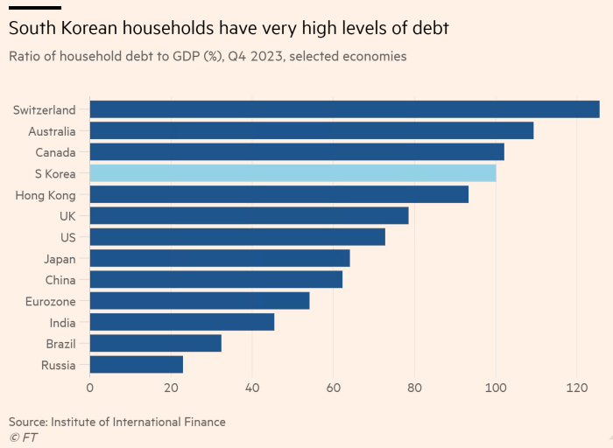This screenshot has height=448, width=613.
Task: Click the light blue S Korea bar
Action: pos(292,173)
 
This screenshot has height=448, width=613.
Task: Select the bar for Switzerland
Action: pos(344,109)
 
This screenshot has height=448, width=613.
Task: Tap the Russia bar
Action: pos(137,365)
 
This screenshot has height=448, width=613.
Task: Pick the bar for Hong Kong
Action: pos(278,194)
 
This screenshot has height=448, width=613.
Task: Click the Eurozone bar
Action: pos(200,301)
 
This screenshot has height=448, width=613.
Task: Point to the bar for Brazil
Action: pos(155,343)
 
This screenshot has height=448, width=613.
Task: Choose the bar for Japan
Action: pos(220,258)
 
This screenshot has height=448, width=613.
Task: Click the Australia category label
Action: pos(51,131)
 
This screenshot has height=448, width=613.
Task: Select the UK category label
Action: pos(67,216)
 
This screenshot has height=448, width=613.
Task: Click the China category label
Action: pos(60,280)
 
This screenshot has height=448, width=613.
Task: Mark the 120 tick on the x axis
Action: pos(575,387)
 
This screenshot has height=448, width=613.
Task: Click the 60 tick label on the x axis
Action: pos(334,387)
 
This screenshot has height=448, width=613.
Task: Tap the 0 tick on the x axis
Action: pos(90,387)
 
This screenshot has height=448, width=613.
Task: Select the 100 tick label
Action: pos(496,387)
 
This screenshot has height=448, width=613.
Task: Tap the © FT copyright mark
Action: pos(23,436)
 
